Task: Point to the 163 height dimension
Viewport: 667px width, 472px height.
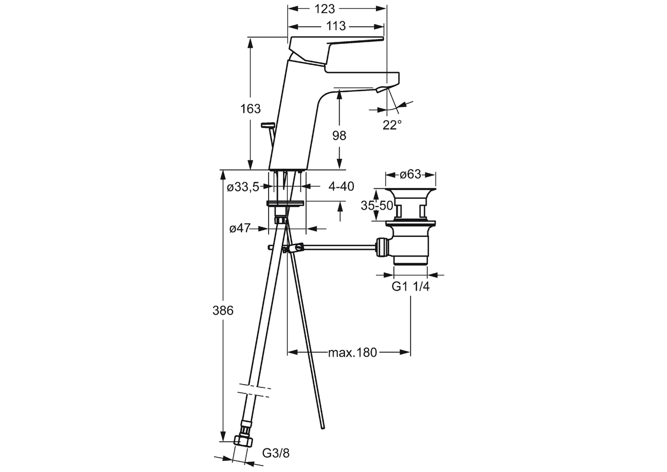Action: click(251, 109)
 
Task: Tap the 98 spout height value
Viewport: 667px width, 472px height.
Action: click(340, 136)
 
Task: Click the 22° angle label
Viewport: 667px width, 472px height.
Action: click(392, 125)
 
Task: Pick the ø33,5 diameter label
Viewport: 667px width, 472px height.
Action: click(243, 187)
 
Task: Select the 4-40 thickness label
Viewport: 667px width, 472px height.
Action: click(341, 186)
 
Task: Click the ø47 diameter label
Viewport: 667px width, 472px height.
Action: click(240, 228)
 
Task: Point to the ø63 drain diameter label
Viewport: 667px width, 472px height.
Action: click(410, 174)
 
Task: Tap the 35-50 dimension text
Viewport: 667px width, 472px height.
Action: click(377, 206)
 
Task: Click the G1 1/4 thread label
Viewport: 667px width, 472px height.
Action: click(410, 286)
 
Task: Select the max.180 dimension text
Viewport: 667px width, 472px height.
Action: click(353, 352)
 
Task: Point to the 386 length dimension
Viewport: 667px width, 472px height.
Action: click(223, 310)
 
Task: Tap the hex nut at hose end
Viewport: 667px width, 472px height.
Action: click(242, 441)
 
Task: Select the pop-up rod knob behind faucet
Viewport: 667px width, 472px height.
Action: click(269, 126)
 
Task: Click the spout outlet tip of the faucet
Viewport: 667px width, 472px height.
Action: click(384, 88)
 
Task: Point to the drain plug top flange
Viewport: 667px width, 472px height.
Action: click(410, 192)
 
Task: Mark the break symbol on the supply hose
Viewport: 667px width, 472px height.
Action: click(254, 390)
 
